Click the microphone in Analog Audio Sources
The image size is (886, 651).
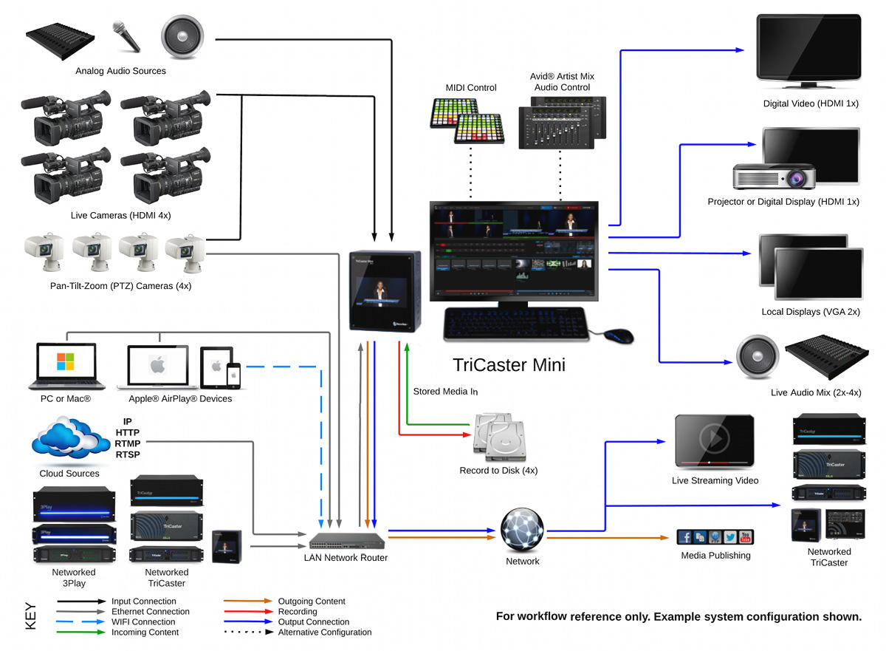126,36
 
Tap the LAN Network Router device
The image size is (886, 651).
346,540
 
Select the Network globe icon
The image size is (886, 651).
522,529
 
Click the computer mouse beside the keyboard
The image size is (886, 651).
619,335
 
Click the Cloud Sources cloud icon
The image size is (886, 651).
66,443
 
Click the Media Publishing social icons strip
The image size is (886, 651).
715,537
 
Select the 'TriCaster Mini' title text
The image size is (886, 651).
509,365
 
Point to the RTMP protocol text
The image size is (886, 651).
128,443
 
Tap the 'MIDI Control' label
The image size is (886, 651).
471,88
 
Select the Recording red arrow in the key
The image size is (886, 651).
248,612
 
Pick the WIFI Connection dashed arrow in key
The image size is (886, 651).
82,622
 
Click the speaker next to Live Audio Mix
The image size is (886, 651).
757,357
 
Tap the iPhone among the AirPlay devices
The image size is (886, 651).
233,375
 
